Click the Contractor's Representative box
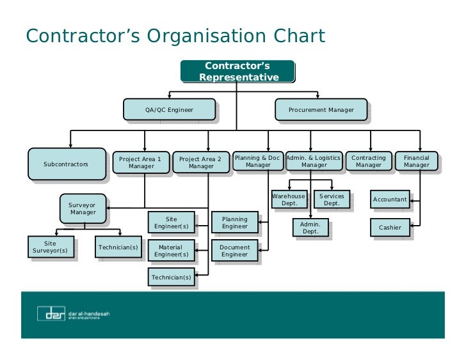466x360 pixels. (x=237, y=72)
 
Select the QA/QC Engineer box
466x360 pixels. (x=169, y=110)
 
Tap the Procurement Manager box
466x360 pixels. (x=321, y=110)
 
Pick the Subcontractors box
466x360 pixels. (x=66, y=164)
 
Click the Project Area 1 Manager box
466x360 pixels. (x=141, y=162)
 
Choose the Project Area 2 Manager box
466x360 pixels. (x=200, y=162)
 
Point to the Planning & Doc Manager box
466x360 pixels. (x=257, y=161)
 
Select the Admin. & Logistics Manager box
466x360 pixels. (x=314, y=161)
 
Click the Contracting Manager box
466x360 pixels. (x=369, y=161)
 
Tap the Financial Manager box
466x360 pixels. (x=416, y=161)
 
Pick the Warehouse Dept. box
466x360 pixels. (x=289, y=200)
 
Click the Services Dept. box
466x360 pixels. (x=332, y=200)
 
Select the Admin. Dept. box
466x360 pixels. (x=310, y=228)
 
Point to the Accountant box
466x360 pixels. (x=390, y=200)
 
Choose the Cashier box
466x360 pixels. (x=390, y=228)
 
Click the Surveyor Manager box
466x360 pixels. (x=83, y=208)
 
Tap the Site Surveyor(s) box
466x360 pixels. (x=50, y=247)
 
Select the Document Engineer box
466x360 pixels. (x=234, y=251)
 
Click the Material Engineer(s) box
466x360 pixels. (x=171, y=251)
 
